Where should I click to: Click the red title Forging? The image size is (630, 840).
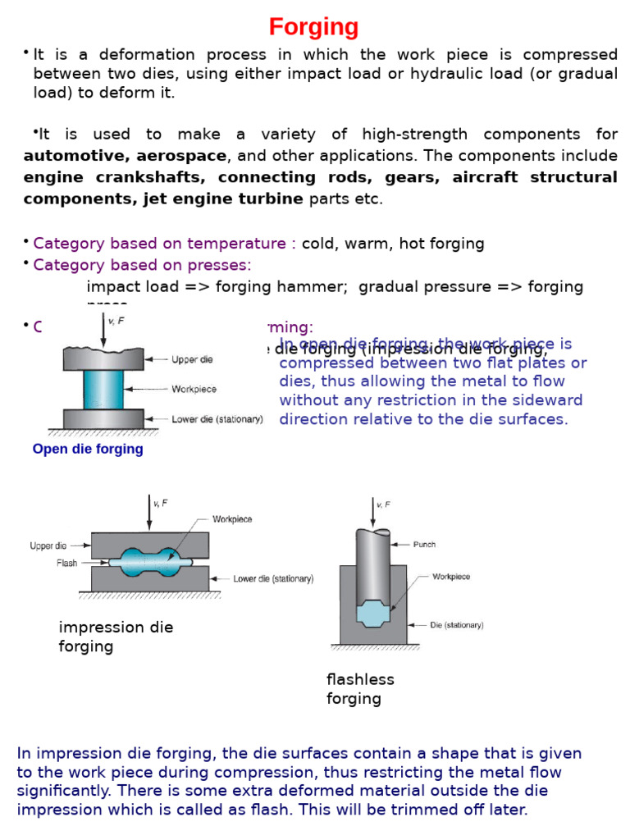[x=314, y=28]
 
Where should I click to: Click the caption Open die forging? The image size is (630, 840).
[x=88, y=449]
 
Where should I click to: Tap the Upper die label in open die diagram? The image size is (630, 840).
[x=194, y=359]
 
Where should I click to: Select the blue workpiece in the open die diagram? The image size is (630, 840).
[x=103, y=389]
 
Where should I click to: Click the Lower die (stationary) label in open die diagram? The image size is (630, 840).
[x=217, y=419]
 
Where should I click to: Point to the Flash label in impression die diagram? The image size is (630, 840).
[x=66, y=564]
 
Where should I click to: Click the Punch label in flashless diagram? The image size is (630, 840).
[x=424, y=543]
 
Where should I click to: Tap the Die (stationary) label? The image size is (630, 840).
[x=456, y=625]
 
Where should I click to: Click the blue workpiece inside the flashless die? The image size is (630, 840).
[x=373, y=614]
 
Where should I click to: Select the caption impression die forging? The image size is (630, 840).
[x=116, y=637]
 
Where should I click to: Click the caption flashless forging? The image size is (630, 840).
[x=360, y=689]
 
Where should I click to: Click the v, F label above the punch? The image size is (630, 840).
[x=383, y=504]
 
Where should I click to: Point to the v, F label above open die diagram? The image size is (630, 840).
[x=117, y=321]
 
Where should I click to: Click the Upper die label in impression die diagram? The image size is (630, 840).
[x=49, y=546]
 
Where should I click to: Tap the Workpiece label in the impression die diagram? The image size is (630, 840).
[x=232, y=519]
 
